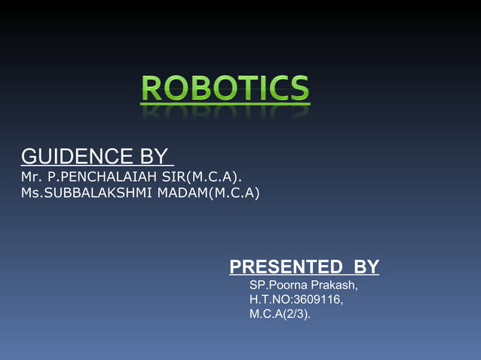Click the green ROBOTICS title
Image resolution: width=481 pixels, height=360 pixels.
point(225,88)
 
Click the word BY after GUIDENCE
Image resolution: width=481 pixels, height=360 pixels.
point(153,157)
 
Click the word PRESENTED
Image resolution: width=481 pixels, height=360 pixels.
point(286,267)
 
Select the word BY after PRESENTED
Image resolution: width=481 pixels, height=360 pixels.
point(366,267)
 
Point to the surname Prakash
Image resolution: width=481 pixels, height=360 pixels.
point(335,286)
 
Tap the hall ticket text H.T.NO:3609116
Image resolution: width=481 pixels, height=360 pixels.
point(296,300)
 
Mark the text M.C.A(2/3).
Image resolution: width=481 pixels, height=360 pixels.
point(280,313)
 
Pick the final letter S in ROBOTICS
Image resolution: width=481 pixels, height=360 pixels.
point(299,88)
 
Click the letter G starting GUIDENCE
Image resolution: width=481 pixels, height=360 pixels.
point(28,157)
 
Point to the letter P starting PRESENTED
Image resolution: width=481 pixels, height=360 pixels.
point(235,267)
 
